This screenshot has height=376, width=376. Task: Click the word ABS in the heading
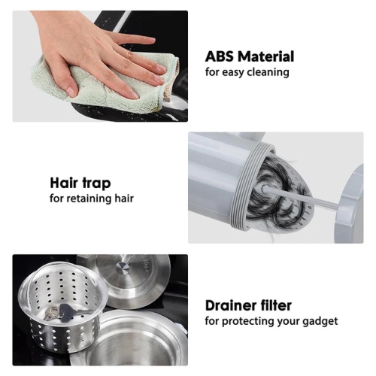pos(220,56)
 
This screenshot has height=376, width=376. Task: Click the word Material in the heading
pos(266,56)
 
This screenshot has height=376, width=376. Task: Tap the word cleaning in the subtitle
pos(268,72)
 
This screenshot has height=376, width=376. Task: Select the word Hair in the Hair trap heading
pos(64,183)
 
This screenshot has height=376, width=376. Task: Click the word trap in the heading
pos(96,184)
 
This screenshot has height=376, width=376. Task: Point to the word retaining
pos(88,199)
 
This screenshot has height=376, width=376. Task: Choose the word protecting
pos(248,322)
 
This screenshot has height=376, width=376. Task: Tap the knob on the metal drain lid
pos(123,267)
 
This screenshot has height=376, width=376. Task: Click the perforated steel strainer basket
pos(62,306)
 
